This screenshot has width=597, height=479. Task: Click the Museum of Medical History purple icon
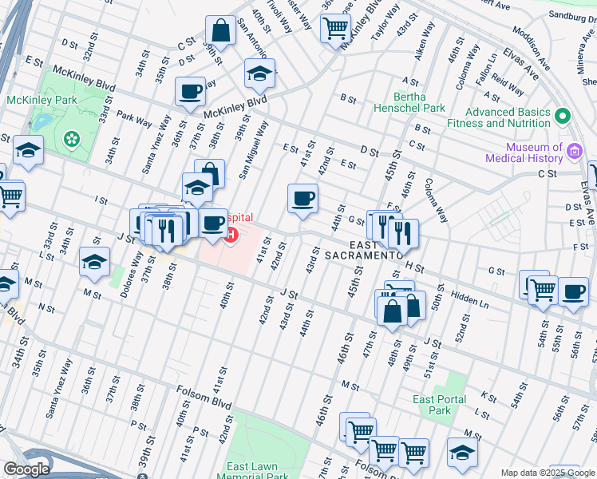click(x=574, y=152)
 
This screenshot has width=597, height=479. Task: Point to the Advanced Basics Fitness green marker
click(x=563, y=117)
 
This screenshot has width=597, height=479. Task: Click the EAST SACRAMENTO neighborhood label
click(x=362, y=249)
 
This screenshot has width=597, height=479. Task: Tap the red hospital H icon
click(x=231, y=235)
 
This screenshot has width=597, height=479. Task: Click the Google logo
click(x=27, y=469)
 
